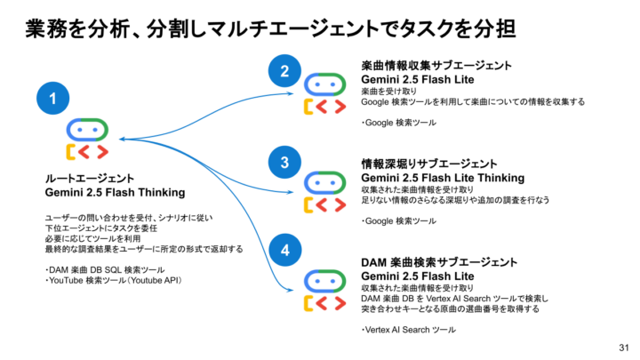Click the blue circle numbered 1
[53, 99]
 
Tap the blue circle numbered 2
[284, 71]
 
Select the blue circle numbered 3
[284, 162]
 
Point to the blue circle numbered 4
[284, 251]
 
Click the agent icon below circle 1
[87, 138]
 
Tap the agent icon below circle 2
[321, 95]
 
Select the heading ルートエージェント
[90, 178]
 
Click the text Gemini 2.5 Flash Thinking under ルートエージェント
[115, 192]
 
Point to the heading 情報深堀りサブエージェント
[429, 164]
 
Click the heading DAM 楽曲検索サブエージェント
[439, 262]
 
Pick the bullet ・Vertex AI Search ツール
[408, 330]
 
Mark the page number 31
[623, 347]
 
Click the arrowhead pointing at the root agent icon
[121, 139]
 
